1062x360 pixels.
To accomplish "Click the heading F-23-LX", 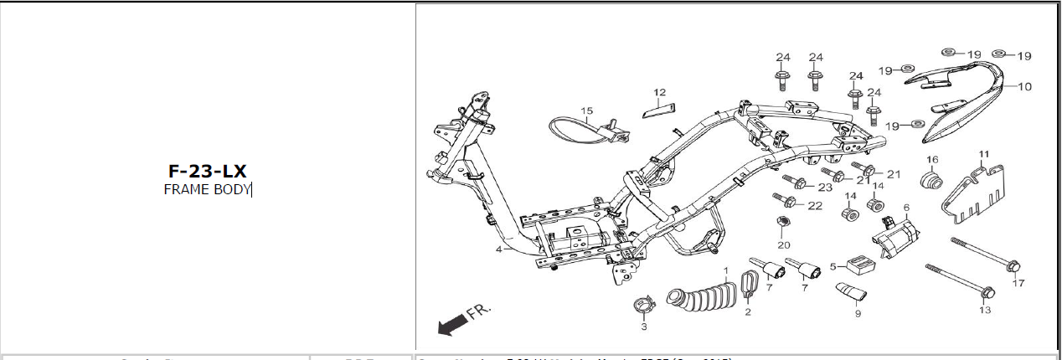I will click(x=207, y=172).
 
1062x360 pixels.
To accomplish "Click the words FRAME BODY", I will click(x=207, y=189).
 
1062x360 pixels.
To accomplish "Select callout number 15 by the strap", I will click(x=587, y=111).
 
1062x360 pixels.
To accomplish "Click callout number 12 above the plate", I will click(x=660, y=92).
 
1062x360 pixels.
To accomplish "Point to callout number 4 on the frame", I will click(x=498, y=249).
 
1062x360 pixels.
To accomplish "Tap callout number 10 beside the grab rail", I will click(x=1025, y=86).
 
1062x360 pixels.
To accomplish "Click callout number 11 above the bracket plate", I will click(x=984, y=153).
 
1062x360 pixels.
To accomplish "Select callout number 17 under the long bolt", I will click(x=1018, y=283).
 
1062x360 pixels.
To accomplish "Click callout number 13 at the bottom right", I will click(x=984, y=310).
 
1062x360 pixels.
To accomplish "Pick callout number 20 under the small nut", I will click(x=783, y=244).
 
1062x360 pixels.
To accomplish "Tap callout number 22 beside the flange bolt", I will click(x=815, y=205).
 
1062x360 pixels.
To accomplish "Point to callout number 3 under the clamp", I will click(x=644, y=327).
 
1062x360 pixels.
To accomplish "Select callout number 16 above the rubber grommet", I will click(x=932, y=159).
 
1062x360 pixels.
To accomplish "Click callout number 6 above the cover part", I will click(x=905, y=207).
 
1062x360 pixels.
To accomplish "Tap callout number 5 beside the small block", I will click(x=833, y=267).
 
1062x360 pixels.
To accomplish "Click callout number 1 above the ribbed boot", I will click(x=726, y=270).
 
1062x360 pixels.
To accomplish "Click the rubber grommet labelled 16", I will click(x=931, y=182).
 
